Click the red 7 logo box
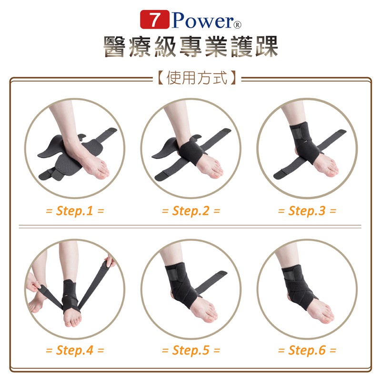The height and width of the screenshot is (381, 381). pos(154,20)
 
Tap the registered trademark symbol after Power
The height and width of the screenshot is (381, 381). pos(238,25)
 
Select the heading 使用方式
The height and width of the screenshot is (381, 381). pos(197,78)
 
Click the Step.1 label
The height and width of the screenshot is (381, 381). pos(75,211)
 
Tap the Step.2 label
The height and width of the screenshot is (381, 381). pos(191,211)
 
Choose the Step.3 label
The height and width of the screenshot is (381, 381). pos(307,211)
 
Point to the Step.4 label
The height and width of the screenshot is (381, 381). pos(75,350)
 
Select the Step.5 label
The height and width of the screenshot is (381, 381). pos(191,350)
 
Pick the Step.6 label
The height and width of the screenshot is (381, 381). pos(307,350)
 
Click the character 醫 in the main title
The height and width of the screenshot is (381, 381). pos(114,46)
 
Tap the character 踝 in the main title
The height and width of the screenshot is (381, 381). pos(267,46)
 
